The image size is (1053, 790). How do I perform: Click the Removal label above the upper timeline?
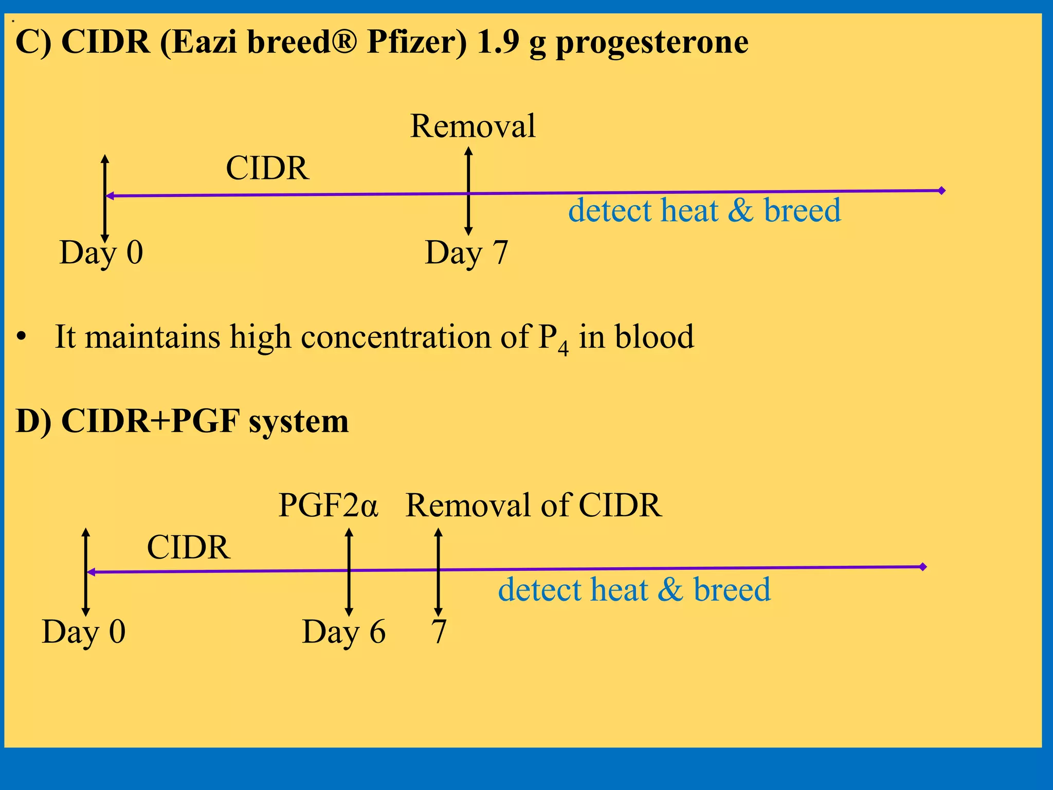point(473,126)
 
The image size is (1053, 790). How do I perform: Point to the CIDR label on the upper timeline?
point(267,168)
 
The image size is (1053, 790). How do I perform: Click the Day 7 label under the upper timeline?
point(466,253)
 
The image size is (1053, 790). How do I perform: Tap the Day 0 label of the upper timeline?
point(101,253)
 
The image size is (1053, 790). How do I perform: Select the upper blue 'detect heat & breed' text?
point(704,211)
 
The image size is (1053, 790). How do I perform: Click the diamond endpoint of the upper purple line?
point(942,191)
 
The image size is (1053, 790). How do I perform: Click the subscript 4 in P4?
point(564,348)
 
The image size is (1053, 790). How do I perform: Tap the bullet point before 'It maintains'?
point(21,337)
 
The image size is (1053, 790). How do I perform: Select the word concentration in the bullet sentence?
point(395,337)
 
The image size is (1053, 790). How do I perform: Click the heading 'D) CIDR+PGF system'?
point(182,421)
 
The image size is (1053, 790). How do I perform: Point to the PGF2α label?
point(328,505)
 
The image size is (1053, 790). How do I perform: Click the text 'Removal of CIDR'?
point(533,505)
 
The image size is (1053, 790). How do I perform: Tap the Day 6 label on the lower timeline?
point(343,632)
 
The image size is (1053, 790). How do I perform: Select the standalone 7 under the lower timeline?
point(439,632)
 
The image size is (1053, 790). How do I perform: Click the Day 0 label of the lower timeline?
point(84,632)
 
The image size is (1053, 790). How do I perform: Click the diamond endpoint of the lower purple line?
point(923,567)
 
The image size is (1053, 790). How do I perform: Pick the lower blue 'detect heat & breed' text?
point(634,589)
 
